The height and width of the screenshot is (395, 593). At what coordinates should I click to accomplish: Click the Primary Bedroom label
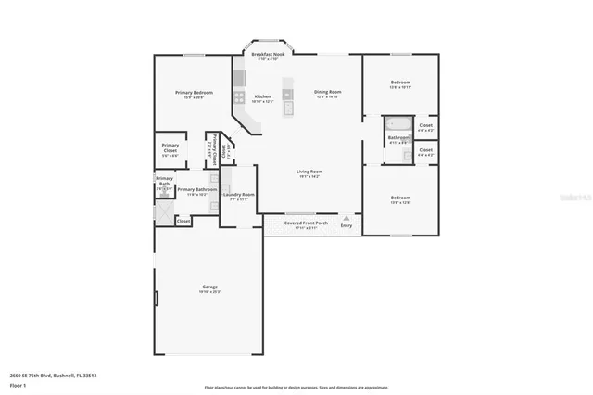pos(196,93)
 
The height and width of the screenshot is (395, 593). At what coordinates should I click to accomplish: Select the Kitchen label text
pos(263,96)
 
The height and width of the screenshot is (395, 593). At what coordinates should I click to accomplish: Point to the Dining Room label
pos(328,92)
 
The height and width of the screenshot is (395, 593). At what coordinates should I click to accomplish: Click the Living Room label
pos(309,172)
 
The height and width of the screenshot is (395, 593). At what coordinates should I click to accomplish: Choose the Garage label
pos(210,287)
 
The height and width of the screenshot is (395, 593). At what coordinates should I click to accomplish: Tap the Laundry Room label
pos(238,195)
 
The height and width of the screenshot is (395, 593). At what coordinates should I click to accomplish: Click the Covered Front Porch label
pos(307,223)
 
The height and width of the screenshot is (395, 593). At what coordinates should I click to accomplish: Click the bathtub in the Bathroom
pos(399,124)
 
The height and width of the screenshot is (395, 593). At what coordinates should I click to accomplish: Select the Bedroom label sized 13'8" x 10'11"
pos(400,83)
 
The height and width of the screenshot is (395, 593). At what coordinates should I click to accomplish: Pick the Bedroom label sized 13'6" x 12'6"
pos(400,198)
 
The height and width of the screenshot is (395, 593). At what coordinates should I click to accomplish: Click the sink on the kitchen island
pos(288,108)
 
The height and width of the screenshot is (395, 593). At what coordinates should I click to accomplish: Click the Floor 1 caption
pos(18,384)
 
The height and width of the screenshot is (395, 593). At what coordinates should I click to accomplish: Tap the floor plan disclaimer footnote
pos(296,388)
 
